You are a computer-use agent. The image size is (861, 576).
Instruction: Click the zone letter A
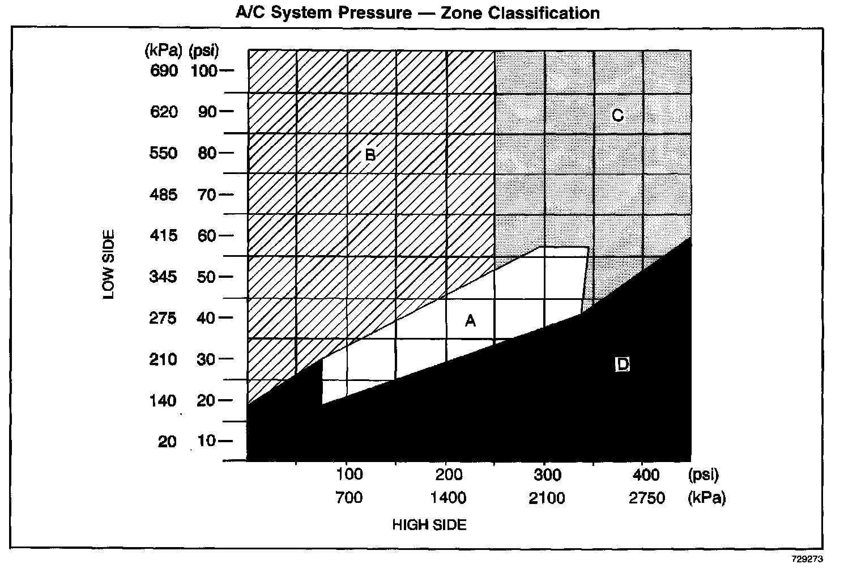[470, 321]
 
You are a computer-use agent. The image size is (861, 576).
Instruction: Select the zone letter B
[370, 154]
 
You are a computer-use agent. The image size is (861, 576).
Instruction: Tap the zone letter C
[617, 116]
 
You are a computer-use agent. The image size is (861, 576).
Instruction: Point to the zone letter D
[623, 365]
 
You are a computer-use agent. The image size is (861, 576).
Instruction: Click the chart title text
[417, 12]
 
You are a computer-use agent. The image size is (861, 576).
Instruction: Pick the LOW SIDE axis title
[109, 264]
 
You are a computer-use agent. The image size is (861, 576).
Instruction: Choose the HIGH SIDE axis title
[429, 525]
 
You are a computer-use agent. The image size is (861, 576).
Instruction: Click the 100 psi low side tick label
[203, 71]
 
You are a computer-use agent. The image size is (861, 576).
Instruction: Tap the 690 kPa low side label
[164, 71]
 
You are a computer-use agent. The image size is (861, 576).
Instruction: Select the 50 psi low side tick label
[207, 277]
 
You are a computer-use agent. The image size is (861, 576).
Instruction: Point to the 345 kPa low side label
[164, 277]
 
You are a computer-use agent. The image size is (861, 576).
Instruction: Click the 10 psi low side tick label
[207, 441]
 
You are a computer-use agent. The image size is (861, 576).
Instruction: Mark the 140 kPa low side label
[164, 401]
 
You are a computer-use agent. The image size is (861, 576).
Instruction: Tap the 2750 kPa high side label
[647, 498]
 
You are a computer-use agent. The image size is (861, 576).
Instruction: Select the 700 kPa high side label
[349, 498]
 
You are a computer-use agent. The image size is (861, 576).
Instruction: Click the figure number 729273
[807, 558]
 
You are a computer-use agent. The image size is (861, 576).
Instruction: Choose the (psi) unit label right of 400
[704, 474]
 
